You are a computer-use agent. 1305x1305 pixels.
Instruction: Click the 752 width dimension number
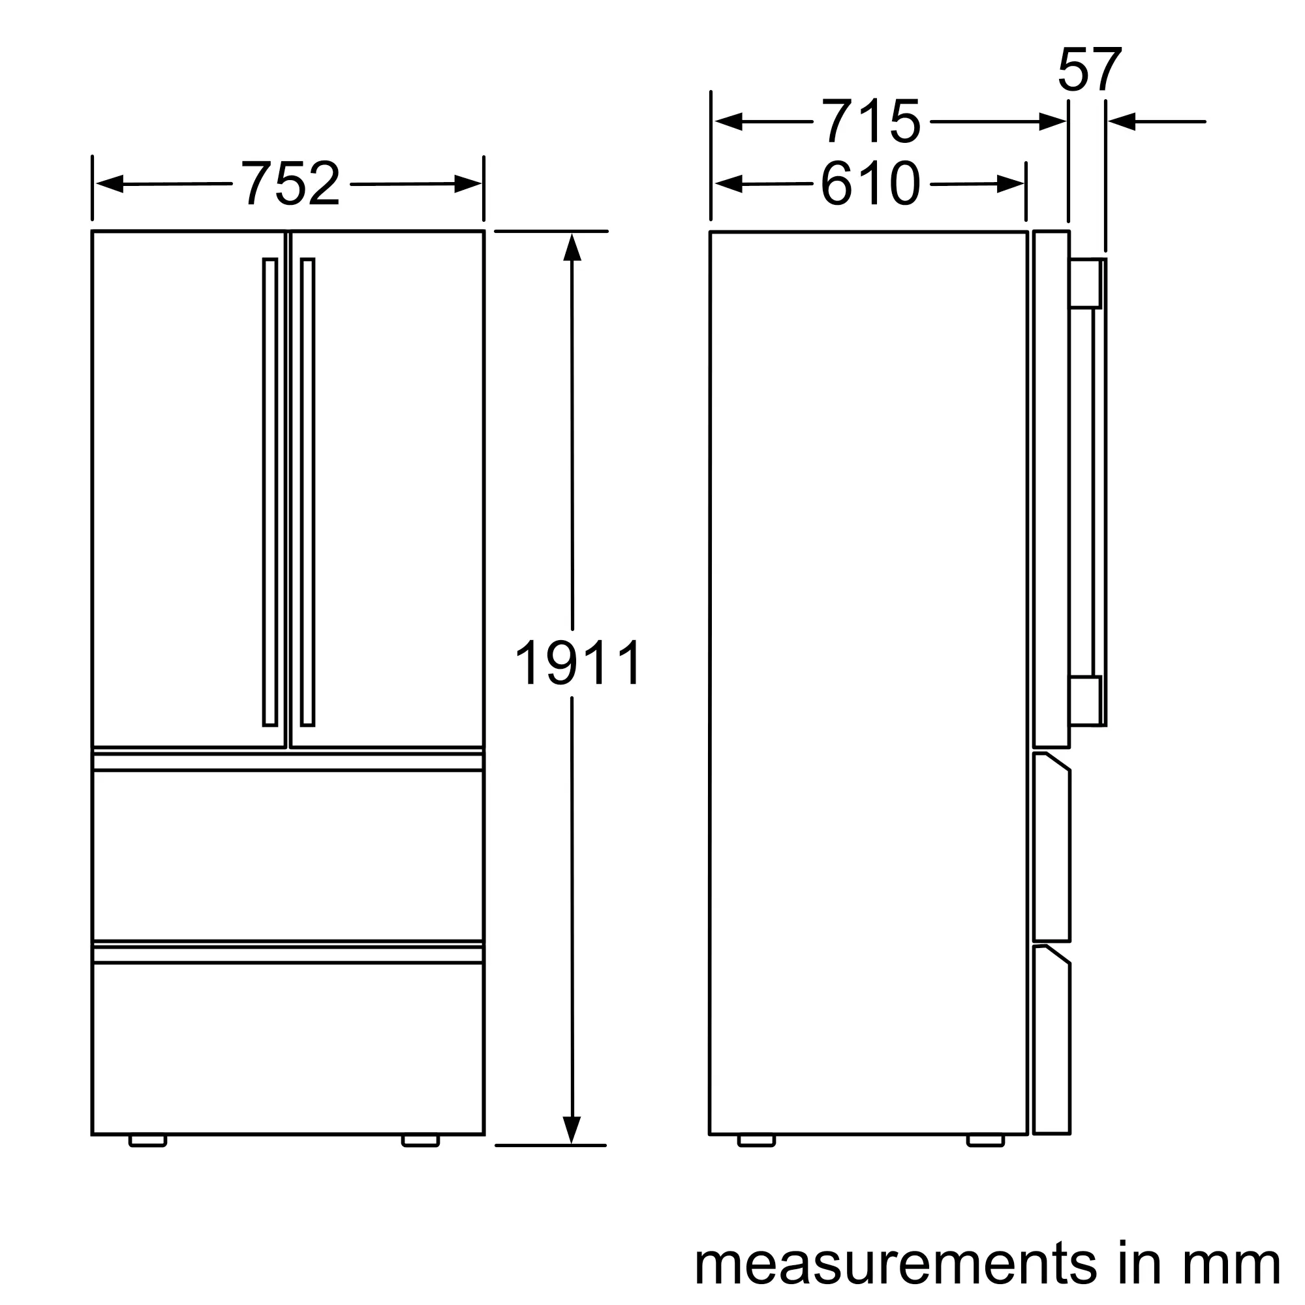pyautogui.click(x=290, y=183)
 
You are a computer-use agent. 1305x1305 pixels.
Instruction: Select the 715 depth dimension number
pyautogui.click(x=870, y=121)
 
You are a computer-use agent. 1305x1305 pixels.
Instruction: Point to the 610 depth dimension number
pyautogui.click(x=870, y=184)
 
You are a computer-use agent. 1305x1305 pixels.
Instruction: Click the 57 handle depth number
pyautogui.click(x=1090, y=70)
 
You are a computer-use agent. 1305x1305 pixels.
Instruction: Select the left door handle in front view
pyautogui.click(x=270, y=493)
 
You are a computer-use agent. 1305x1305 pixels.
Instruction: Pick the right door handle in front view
pyautogui.click(x=308, y=493)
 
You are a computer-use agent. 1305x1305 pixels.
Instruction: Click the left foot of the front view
pyautogui.click(x=147, y=1141)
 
